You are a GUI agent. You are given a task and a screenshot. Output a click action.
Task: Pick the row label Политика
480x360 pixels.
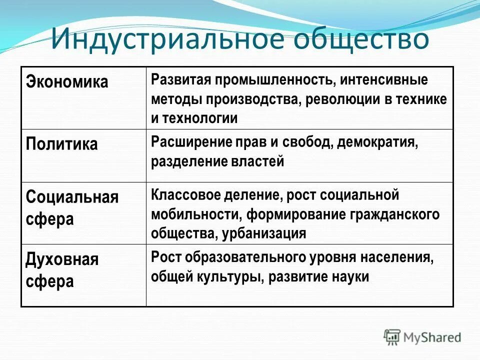61,144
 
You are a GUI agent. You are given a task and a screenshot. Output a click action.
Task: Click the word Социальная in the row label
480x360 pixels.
72,197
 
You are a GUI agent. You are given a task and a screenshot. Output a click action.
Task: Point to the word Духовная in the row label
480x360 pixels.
62,259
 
